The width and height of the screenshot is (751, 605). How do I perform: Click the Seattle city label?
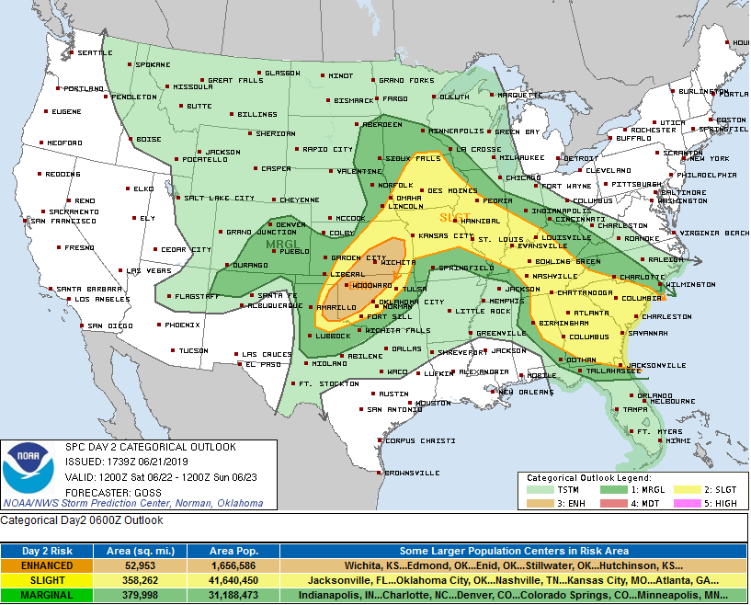coord(94,53)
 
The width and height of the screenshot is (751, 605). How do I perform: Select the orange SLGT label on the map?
coord(454,218)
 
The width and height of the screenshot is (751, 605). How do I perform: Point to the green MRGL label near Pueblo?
coord(281,245)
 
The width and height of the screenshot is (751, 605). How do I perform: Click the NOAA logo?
coord(28,470)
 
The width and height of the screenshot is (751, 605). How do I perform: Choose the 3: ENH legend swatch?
coord(538,505)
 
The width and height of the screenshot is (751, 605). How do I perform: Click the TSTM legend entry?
coord(568,491)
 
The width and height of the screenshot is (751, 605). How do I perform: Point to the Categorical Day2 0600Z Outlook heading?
coord(82,520)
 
